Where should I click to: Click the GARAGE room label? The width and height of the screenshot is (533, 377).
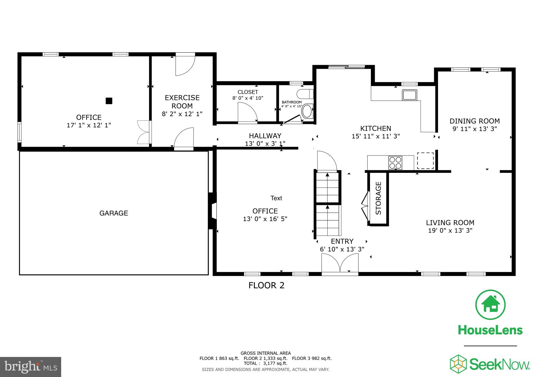coord(114,213)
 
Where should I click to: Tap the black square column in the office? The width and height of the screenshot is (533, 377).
coord(109,101)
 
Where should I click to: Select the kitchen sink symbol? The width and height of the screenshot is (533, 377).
coord(409,95)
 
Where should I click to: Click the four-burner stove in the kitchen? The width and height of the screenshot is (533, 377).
coord(395,163)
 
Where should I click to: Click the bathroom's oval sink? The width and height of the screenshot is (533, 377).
coord(307,112)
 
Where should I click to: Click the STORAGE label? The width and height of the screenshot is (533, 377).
coord(378,198)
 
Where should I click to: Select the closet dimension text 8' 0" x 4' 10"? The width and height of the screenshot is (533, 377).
coord(248,98)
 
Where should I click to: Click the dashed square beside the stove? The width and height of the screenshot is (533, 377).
coord(425,161)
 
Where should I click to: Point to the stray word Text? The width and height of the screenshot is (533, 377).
coord(276,198)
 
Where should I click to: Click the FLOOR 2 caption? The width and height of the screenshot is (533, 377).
coord(266,285)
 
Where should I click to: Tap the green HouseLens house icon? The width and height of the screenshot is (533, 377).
coord(490,305)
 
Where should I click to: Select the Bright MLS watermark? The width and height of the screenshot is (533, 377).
coord(30,367)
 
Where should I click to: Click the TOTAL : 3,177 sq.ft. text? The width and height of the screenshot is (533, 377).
coord(265,363)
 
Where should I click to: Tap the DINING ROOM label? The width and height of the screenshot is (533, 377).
coord(475,121)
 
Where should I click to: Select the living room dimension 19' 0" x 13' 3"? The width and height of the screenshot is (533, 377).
coord(450,230)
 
